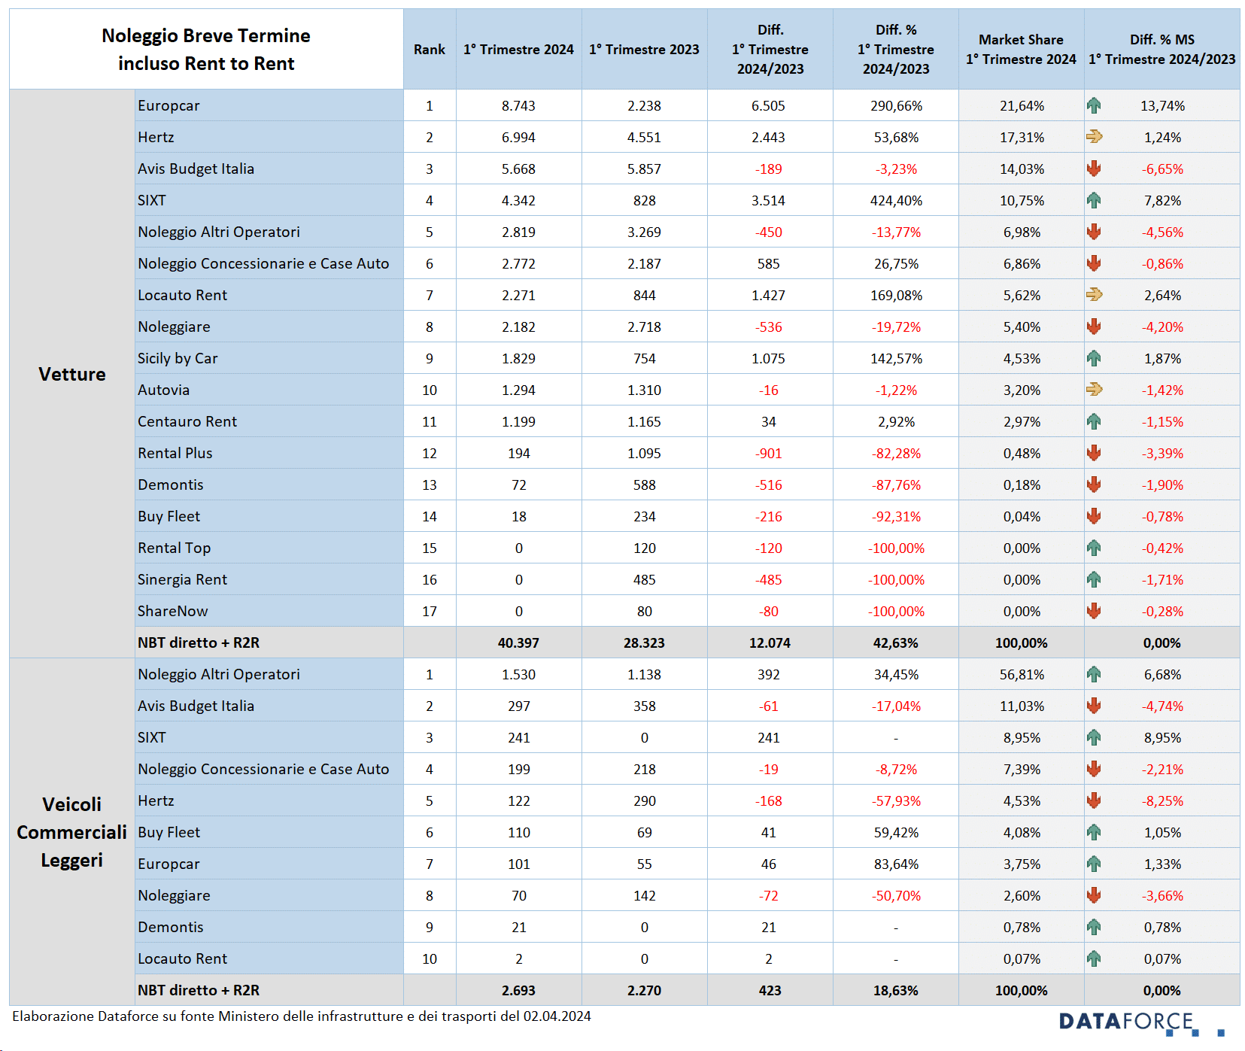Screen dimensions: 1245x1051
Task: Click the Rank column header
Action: click(429, 50)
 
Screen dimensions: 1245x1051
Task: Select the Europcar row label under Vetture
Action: click(169, 106)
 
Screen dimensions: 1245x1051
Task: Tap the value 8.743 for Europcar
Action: click(518, 106)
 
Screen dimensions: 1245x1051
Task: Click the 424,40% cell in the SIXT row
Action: click(896, 201)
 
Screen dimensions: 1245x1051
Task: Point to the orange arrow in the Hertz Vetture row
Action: click(1094, 137)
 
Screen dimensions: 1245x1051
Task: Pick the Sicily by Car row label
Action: click(178, 359)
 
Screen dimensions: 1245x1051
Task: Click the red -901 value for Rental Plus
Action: click(768, 454)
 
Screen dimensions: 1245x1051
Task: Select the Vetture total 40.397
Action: click(518, 643)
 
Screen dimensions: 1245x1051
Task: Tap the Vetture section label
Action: click(72, 374)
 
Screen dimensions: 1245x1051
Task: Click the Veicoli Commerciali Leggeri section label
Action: click(72, 832)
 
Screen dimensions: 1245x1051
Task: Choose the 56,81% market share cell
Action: click(1022, 675)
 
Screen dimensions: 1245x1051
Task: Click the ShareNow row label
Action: click(172, 612)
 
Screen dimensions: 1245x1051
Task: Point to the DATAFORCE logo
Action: click(1141, 1023)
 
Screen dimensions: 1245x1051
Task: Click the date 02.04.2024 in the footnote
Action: click(557, 1016)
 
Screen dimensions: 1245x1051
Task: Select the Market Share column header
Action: click(1021, 50)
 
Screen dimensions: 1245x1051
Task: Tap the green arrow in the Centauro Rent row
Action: click(1094, 422)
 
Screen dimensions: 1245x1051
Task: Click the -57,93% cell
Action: click(896, 801)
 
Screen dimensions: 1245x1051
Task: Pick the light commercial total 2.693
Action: click(518, 991)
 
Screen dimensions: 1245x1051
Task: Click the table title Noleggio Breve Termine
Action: click(206, 36)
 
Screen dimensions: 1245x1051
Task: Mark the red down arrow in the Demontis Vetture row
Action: click(1094, 485)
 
